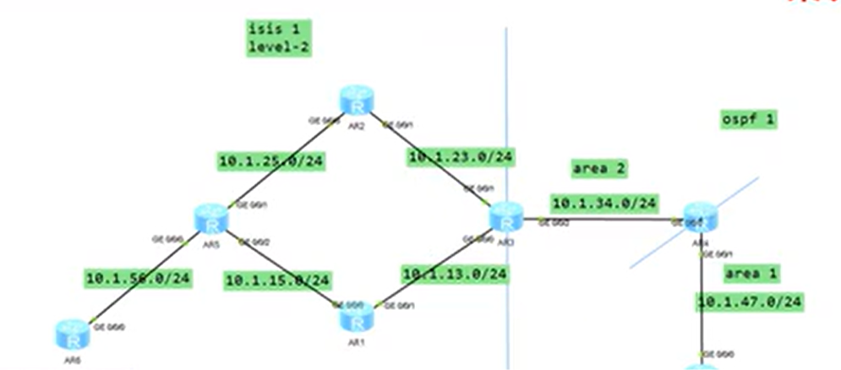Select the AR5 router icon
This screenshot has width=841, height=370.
coord(211,219)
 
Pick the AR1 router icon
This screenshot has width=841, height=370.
coord(356,318)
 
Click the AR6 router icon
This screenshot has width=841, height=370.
coord(74,335)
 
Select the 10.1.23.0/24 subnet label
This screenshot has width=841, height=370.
coord(461,156)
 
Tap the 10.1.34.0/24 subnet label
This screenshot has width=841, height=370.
coord(605,204)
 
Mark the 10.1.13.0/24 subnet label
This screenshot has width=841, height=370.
coord(456,274)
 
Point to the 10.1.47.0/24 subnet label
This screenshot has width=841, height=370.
coord(749,301)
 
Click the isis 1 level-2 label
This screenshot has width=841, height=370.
coord(279,39)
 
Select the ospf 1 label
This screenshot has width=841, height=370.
coord(748,119)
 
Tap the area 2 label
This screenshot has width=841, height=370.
coord(599,168)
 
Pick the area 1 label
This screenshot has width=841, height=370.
coord(751,273)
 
